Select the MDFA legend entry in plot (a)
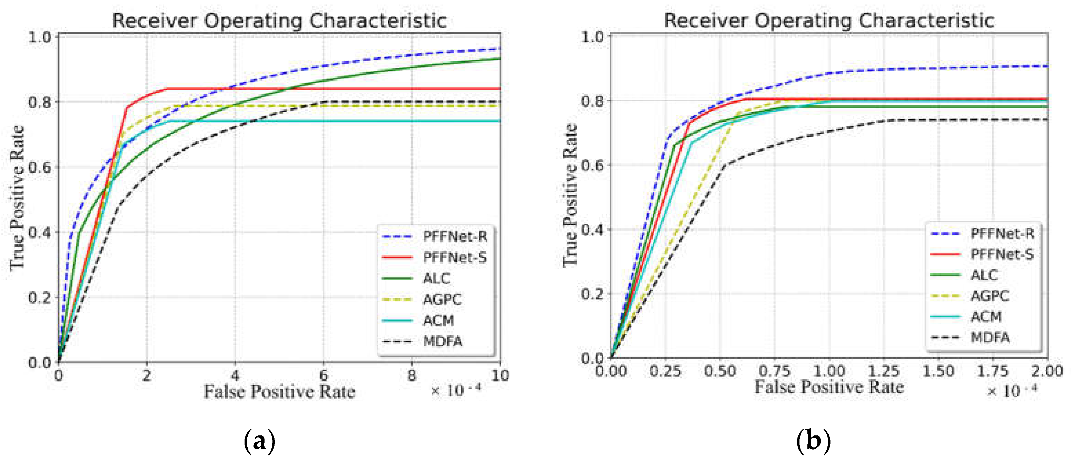pos(442,341)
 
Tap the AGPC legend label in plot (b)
pos(990,296)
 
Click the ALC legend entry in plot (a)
pos(436,278)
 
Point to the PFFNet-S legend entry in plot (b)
pos(1002,254)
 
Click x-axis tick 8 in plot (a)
pos(412,376)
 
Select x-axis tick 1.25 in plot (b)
pos(884,371)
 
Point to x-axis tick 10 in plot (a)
pos(499,376)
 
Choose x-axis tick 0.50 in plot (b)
pos(720,371)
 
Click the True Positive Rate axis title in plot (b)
pos(570,195)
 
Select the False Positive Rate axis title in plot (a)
pos(279,392)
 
